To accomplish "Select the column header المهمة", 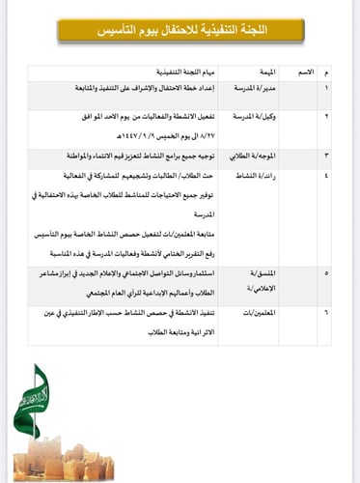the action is coord(262,73).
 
